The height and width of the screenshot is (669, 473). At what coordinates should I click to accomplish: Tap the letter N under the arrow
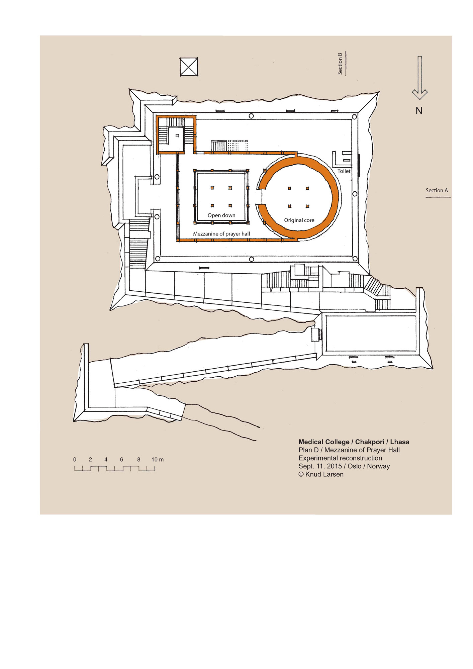(419, 111)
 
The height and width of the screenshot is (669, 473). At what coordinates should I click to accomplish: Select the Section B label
(340, 64)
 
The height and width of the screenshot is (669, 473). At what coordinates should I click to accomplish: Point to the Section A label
(437, 190)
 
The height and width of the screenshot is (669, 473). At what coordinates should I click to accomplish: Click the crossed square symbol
(189, 67)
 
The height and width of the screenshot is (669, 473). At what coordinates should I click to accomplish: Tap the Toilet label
(344, 171)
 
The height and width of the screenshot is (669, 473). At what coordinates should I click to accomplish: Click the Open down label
(221, 215)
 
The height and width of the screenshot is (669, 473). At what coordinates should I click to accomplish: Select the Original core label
(299, 220)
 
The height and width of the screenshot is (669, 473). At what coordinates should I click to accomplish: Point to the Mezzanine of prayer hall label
(221, 234)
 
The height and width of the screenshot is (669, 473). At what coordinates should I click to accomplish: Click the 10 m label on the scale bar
(158, 460)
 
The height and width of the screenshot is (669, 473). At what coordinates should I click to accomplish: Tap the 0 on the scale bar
(75, 460)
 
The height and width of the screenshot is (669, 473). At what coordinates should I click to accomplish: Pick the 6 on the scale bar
(121, 460)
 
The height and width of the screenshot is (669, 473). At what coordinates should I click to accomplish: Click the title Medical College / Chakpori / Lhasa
(354, 442)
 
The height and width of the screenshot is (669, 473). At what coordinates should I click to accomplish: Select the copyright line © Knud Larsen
(321, 474)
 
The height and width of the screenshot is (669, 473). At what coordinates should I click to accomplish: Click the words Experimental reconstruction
(340, 458)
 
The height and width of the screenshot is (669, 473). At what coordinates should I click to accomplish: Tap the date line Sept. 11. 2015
(320, 466)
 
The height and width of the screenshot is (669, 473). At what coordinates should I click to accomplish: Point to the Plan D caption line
(349, 450)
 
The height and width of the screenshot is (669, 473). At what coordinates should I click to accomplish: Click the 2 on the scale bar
(90, 460)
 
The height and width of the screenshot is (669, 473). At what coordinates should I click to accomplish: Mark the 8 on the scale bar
(138, 460)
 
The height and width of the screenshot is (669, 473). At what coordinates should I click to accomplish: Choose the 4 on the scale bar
(106, 460)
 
